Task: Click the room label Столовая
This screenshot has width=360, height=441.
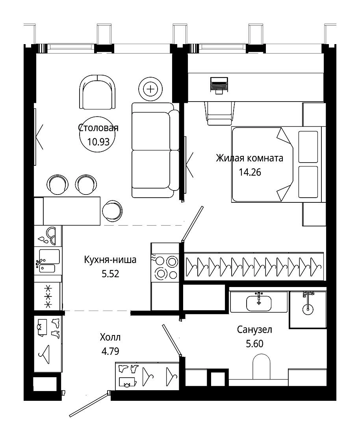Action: (x=98, y=128)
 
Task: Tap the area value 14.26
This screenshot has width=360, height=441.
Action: (x=250, y=172)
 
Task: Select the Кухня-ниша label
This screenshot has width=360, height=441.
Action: (x=110, y=259)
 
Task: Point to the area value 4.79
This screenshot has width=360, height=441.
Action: (x=110, y=351)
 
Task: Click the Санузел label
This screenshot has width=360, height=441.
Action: (x=254, y=329)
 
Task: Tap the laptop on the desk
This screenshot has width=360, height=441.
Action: (x=219, y=85)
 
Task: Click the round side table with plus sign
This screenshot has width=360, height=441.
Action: (x=151, y=89)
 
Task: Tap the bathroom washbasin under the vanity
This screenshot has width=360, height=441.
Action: (x=259, y=303)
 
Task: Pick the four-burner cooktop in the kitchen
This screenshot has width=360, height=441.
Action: (x=165, y=268)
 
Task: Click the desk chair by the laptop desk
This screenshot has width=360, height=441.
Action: (x=219, y=113)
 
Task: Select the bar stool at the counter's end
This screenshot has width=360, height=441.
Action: (x=112, y=210)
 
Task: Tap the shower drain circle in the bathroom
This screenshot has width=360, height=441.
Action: (x=308, y=309)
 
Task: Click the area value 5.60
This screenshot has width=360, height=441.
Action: (x=254, y=344)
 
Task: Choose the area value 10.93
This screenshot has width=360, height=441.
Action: (x=98, y=141)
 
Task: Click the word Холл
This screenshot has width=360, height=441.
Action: (x=110, y=337)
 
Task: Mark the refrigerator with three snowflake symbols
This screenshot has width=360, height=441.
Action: (x=48, y=296)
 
